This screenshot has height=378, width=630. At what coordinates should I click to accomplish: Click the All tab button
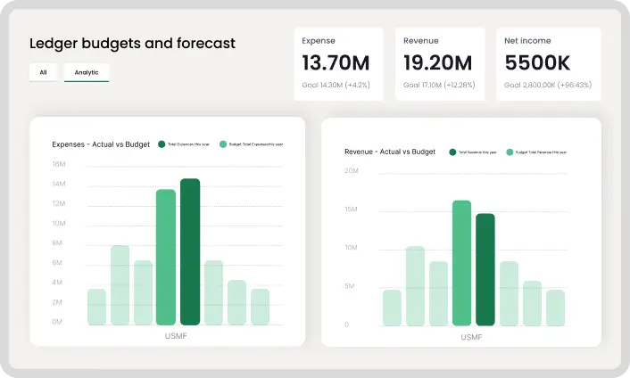pos(43,72)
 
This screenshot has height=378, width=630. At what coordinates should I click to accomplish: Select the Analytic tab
pos(87,72)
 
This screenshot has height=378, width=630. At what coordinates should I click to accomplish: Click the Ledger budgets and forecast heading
pos(133,43)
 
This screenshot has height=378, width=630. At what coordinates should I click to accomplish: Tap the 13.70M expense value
pos(336,62)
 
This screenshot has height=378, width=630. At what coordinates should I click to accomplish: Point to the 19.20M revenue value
pos(437,62)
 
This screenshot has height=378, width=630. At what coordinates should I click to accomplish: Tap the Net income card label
pos(527,41)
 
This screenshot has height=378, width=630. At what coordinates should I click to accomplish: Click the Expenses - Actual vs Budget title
pos(100,144)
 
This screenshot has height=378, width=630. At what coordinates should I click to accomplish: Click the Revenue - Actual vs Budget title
pos(390,152)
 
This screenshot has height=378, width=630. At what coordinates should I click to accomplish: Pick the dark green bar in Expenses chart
pos(189,251)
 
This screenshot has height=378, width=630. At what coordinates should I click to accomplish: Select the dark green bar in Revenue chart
pos(485,269)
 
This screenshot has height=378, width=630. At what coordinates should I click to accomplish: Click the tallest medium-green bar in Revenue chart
pos(461,263)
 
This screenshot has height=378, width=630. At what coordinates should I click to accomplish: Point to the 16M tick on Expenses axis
pos(59,164)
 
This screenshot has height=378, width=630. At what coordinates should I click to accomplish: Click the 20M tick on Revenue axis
pos(351,169)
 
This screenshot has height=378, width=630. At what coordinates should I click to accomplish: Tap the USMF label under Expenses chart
pos(177,336)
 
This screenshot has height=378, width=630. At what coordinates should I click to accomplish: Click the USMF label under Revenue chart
pos(472,338)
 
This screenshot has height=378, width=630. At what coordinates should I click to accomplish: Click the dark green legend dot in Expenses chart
pos(162,144)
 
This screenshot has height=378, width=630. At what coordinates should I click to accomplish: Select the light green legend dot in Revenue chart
pos(510,152)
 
